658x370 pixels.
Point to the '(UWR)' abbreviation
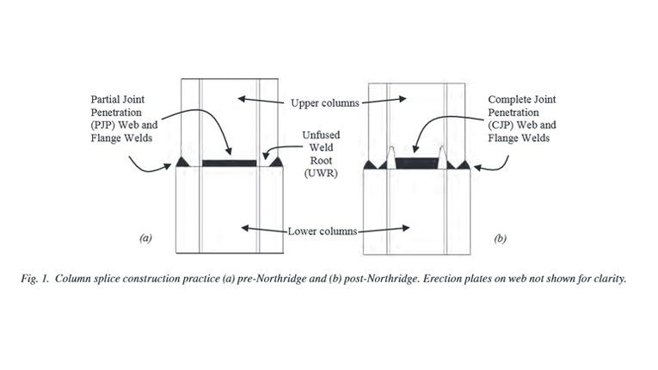click(x=322, y=174)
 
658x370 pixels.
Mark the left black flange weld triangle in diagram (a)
click(x=181, y=162)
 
